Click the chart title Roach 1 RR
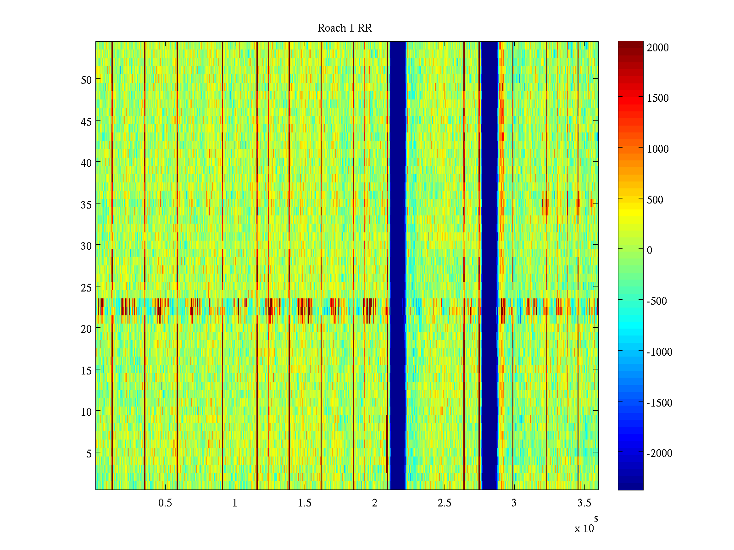click(345, 28)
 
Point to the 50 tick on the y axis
click(86, 80)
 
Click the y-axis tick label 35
click(86, 204)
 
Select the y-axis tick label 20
click(86, 329)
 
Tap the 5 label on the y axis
click(89, 453)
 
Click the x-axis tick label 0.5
click(165, 503)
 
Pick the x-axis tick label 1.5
click(305, 503)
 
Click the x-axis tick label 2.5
click(444, 503)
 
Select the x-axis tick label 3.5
click(584, 503)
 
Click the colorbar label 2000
click(658, 48)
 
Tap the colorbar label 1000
click(658, 149)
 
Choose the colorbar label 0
click(650, 250)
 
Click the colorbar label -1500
click(659, 403)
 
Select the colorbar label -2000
click(659, 453)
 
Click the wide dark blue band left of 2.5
click(398, 266)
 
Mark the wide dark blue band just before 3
click(489, 266)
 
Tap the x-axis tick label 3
click(514, 503)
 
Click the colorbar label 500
click(655, 200)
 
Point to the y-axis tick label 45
click(86, 121)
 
